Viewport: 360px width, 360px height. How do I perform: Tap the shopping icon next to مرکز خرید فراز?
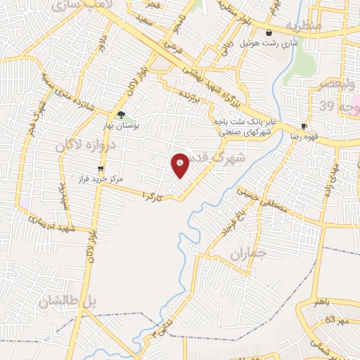[x=101, y=168]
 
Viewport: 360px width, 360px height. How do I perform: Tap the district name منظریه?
[x=302, y=25]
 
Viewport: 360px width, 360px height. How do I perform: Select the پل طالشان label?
[x=67, y=302]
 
